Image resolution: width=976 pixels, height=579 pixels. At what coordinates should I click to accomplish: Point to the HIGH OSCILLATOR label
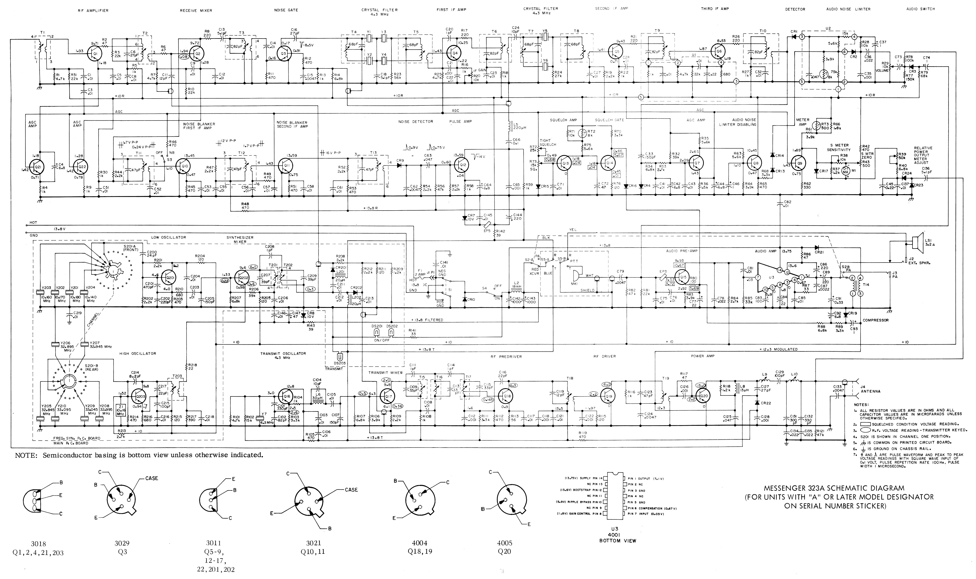138,353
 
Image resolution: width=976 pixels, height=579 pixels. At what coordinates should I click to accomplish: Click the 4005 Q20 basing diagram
505,501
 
